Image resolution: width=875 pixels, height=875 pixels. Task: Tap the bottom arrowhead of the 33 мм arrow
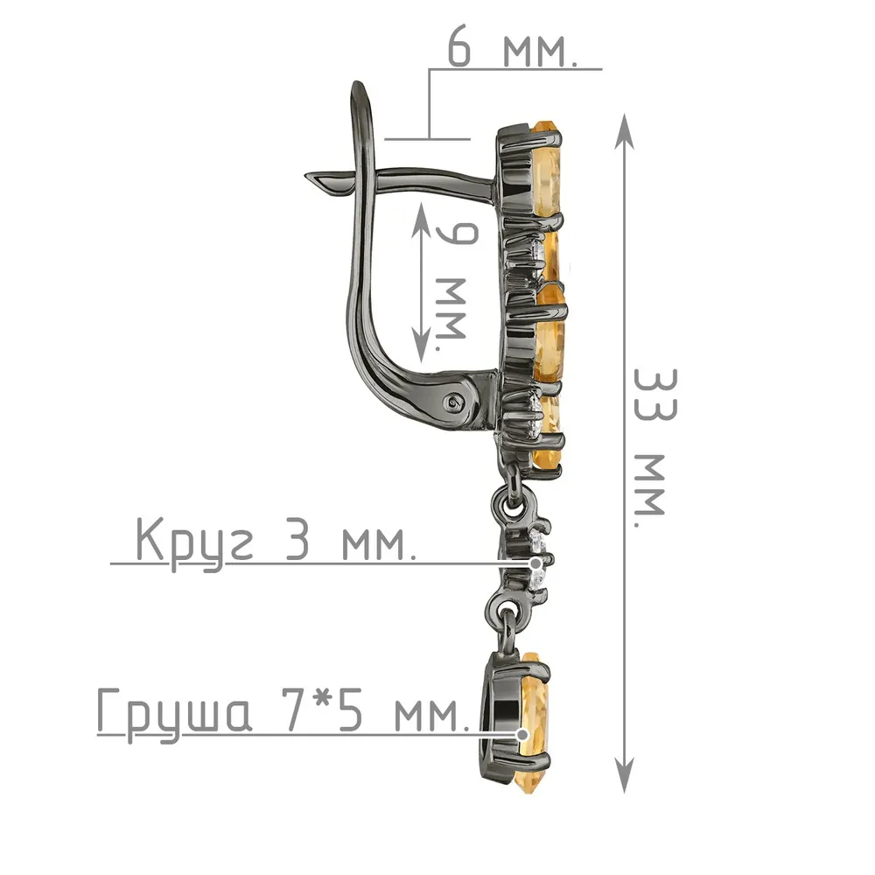coord(625,774)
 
